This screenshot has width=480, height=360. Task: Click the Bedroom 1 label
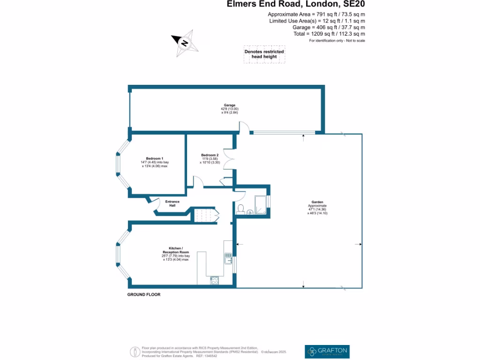coord(155,158)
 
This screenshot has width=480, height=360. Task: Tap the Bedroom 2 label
coord(210,155)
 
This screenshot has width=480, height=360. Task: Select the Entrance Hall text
coord(172,203)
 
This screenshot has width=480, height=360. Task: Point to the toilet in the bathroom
coord(240,208)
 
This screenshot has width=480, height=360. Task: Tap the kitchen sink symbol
coord(228,258)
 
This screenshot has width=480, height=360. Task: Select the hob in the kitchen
coord(215,280)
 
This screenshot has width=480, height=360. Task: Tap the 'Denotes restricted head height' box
coord(264,54)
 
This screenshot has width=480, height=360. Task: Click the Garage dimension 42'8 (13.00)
coord(229,109)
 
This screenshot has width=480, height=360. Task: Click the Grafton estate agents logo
coord(327,351)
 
